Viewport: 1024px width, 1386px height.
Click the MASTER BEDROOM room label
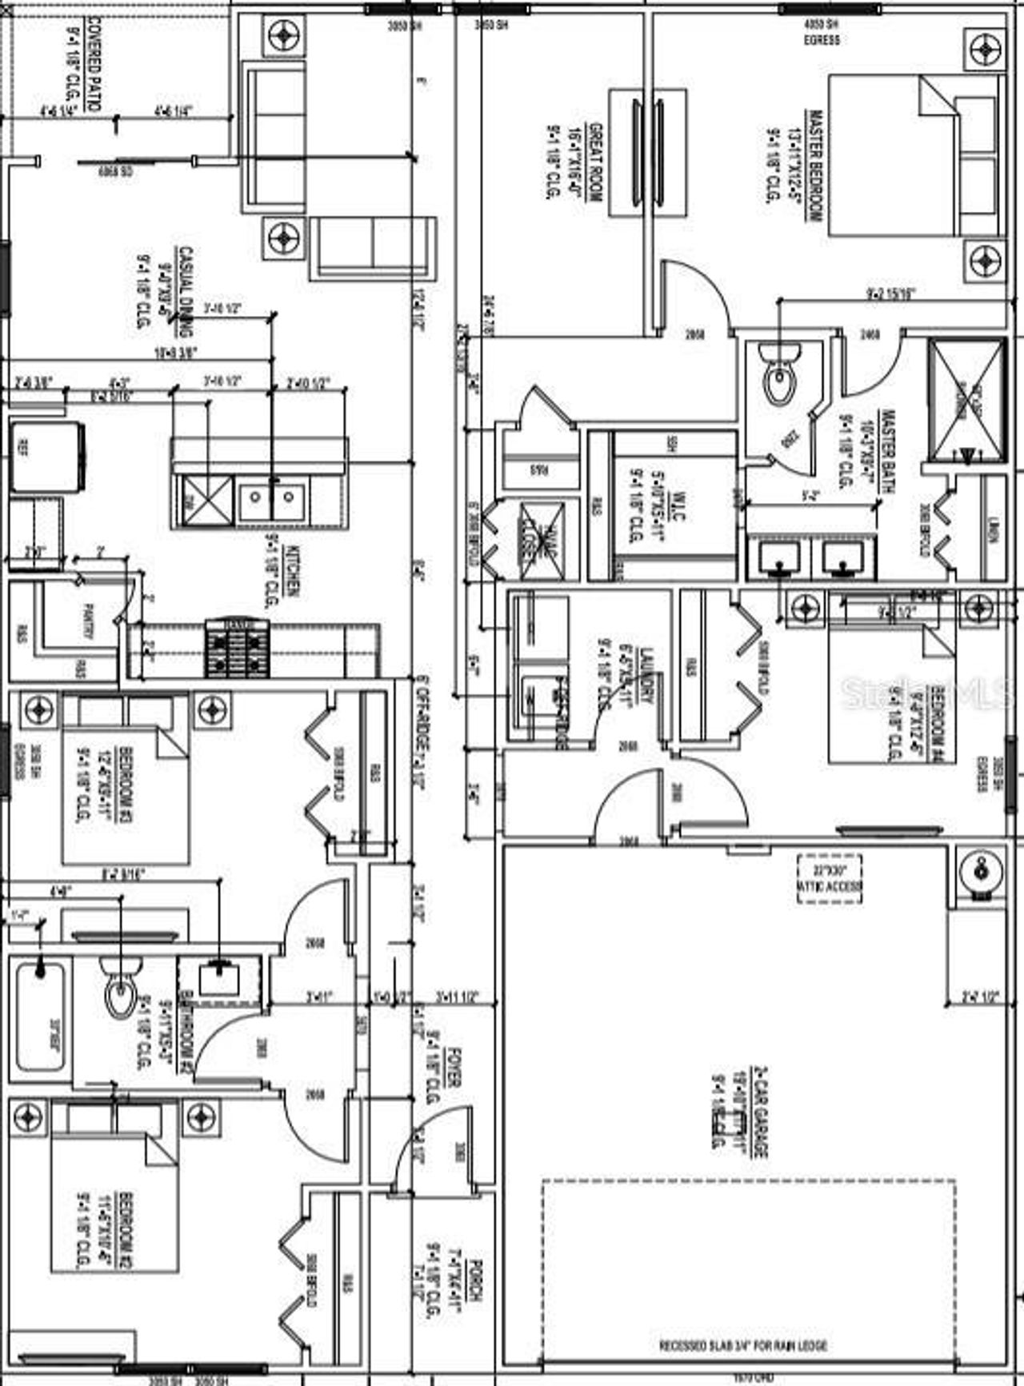[814, 166]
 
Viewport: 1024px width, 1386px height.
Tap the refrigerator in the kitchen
[46, 456]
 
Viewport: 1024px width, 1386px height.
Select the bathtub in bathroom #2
[38, 1017]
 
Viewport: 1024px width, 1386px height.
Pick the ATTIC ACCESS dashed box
[830, 878]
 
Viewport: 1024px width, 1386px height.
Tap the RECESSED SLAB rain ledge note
[743, 1346]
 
